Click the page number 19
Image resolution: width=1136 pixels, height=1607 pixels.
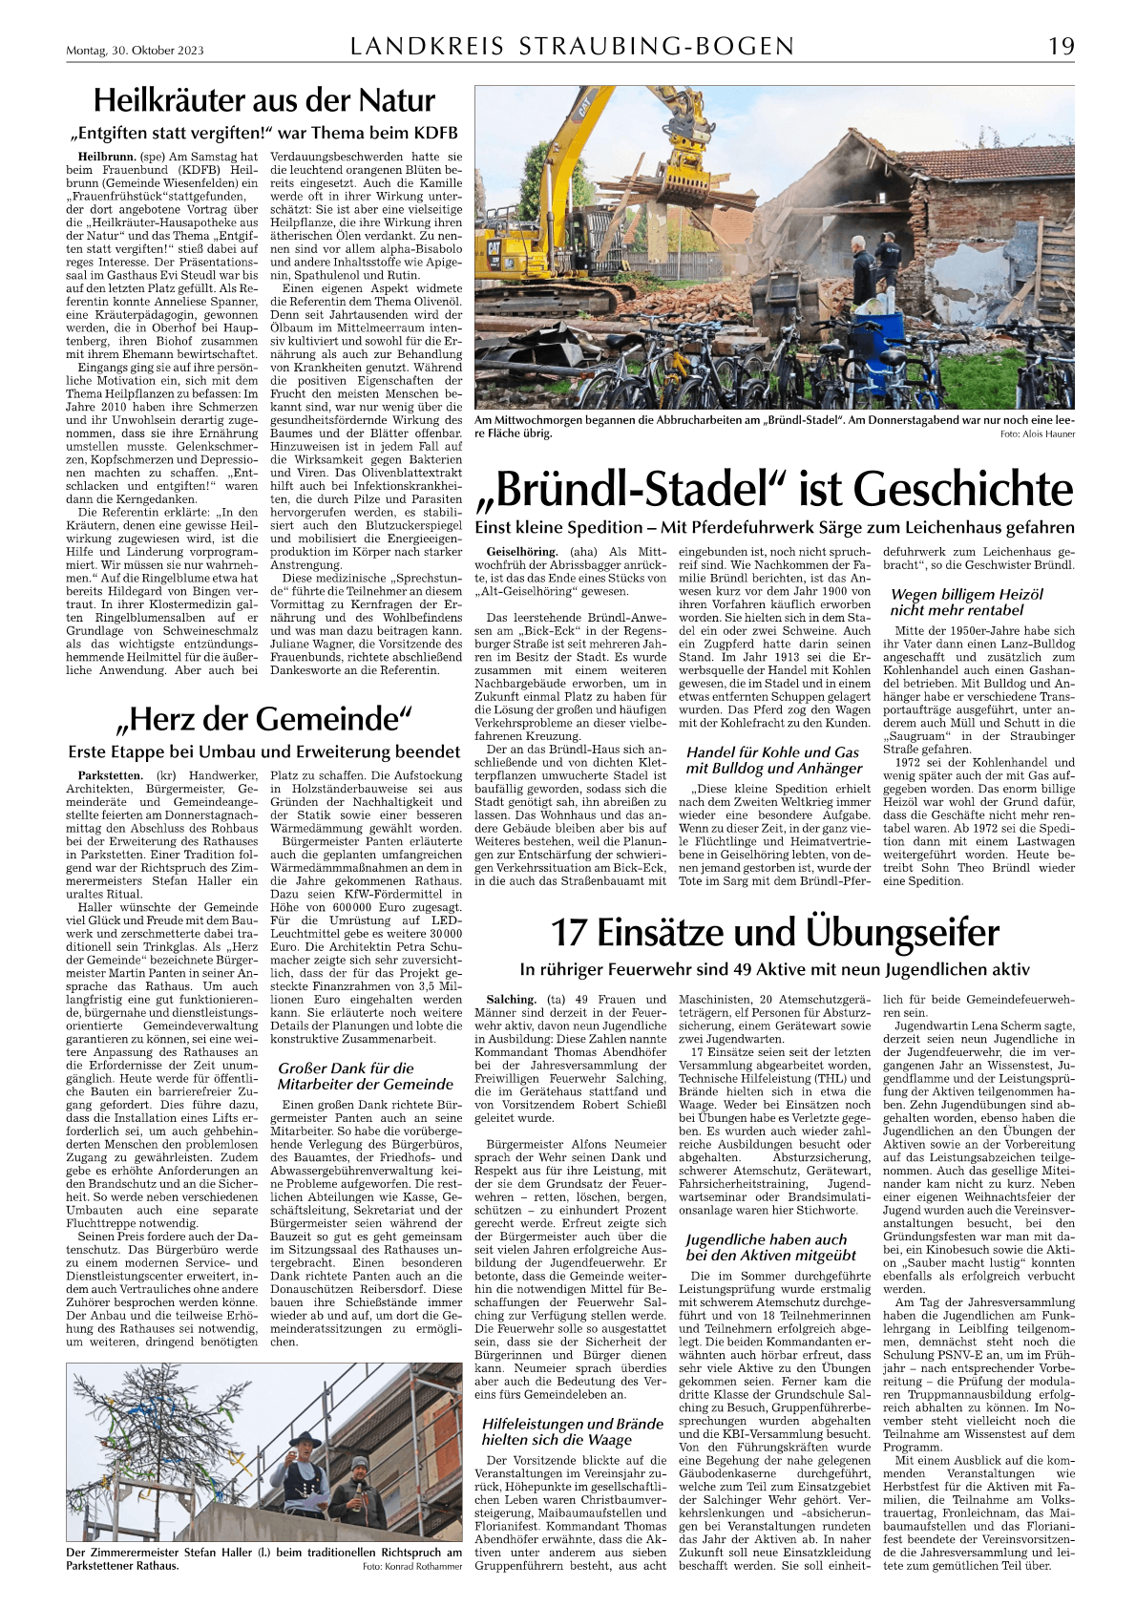[x=1061, y=47]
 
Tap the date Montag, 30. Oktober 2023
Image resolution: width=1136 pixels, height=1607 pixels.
[x=135, y=52]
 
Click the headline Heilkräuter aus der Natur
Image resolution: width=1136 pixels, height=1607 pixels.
[x=263, y=101]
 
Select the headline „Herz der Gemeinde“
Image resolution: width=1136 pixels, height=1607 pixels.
[x=264, y=718]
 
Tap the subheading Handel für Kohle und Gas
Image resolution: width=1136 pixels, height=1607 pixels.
[x=773, y=752]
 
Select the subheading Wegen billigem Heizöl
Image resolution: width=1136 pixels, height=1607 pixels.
[x=966, y=594]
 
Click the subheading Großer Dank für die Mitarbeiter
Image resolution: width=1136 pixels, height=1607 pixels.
[x=346, y=1068]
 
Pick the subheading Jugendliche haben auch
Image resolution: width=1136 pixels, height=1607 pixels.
[x=766, y=1239]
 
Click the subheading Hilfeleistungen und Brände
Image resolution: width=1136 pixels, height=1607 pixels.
[x=572, y=1424]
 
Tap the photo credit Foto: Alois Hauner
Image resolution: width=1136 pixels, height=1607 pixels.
[x=1037, y=434]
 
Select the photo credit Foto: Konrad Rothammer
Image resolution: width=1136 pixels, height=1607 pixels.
[x=412, y=1567]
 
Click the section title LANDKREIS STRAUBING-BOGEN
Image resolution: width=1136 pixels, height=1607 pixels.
[x=572, y=47]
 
